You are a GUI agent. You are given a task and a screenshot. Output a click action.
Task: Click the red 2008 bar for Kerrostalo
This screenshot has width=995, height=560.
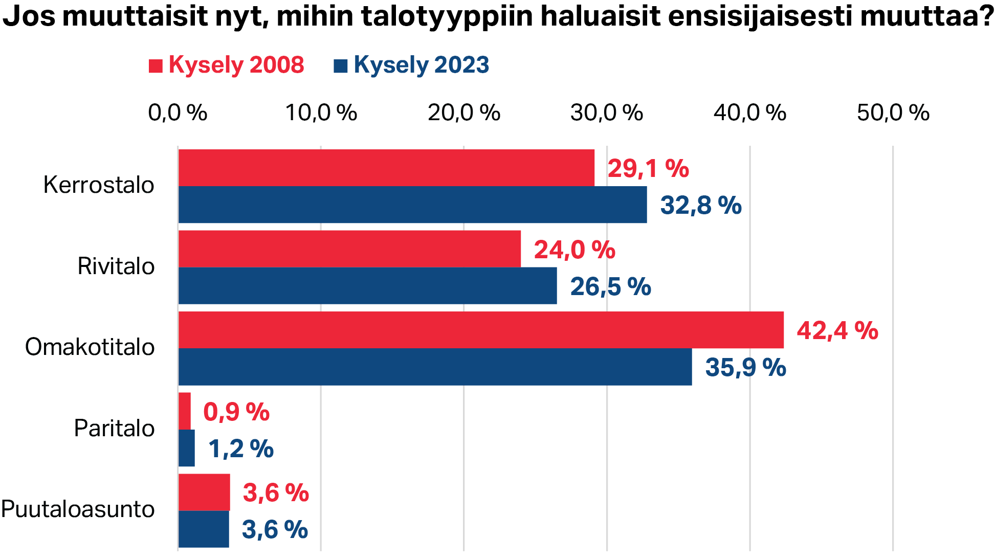point(386,168)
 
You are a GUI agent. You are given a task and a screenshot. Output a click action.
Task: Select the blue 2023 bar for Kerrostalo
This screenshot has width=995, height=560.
point(412,205)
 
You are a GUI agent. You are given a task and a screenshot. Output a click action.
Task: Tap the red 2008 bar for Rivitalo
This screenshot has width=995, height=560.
point(349,249)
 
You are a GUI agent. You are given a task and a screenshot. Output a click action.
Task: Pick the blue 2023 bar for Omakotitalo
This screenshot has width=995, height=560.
point(435,367)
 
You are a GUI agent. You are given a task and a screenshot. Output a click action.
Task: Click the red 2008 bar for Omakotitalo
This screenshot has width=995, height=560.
point(481,330)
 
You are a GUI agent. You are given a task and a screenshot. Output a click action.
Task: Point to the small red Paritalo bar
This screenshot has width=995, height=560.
point(185,411)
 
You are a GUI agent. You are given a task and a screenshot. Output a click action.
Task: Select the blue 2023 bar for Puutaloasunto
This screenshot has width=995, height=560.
point(204,529)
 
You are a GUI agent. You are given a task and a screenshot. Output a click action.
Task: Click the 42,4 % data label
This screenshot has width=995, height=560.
point(837,330)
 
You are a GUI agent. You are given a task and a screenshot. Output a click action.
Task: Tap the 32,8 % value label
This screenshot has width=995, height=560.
point(700,205)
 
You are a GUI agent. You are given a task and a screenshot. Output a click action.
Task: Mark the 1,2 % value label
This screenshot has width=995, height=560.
point(240,449)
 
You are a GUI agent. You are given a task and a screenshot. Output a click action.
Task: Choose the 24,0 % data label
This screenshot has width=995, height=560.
point(574,250)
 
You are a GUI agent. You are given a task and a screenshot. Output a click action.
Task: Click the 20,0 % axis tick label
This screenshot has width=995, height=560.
point(464,113)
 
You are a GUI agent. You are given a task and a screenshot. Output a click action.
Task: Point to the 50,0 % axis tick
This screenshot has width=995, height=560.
point(893,113)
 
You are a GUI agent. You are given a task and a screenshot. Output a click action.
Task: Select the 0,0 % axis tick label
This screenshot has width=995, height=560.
point(178,113)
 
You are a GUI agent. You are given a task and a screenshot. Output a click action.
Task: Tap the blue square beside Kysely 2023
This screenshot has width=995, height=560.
point(341,66)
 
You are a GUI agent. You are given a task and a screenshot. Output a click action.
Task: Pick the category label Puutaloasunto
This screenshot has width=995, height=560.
point(78,509)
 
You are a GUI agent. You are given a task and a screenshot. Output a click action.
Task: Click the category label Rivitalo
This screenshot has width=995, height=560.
point(116,266)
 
